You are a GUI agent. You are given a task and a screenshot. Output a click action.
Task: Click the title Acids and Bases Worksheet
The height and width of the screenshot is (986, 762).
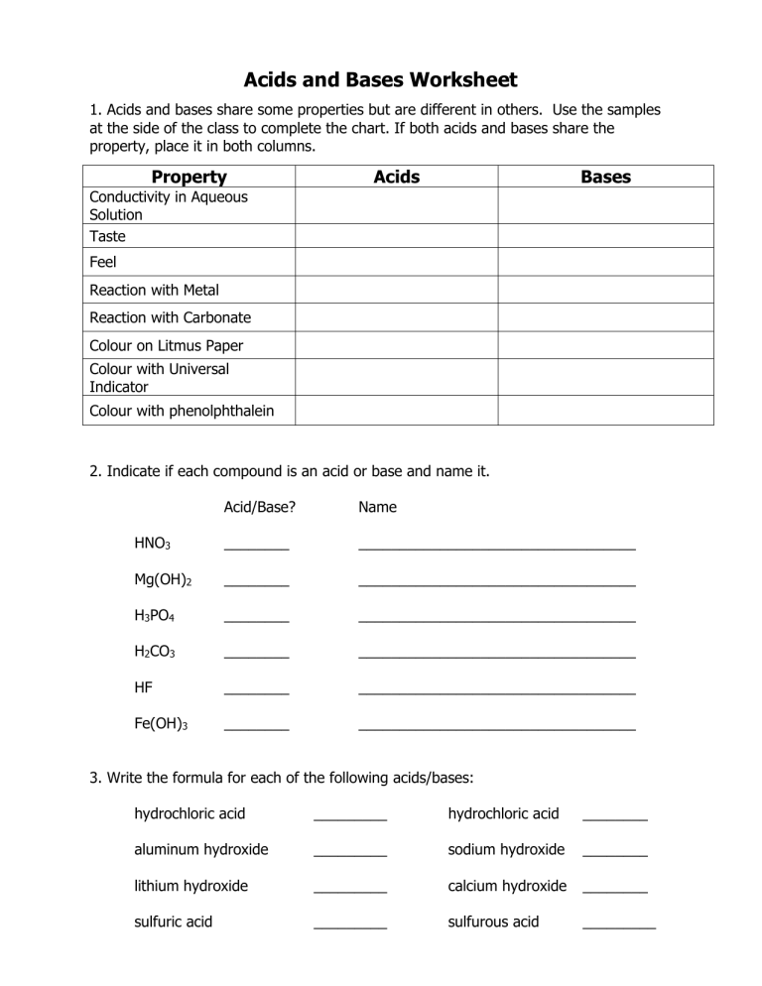pyautogui.click(x=381, y=79)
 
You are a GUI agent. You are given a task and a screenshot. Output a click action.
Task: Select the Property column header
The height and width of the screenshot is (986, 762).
pyautogui.click(x=189, y=177)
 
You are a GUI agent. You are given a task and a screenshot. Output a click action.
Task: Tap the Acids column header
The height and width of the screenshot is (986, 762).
pyautogui.click(x=396, y=177)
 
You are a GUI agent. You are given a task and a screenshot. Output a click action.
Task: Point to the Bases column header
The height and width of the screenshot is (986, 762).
pyautogui.click(x=605, y=177)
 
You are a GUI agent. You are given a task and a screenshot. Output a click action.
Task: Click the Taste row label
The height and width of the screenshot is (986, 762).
pyautogui.click(x=107, y=236)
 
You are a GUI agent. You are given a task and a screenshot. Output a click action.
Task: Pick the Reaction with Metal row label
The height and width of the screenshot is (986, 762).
pyautogui.click(x=154, y=290)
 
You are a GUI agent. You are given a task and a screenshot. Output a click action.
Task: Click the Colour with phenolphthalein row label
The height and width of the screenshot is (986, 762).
pyautogui.click(x=182, y=410)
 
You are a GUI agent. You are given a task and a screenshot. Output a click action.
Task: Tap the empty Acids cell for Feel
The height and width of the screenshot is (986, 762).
pyautogui.click(x=396, y=263)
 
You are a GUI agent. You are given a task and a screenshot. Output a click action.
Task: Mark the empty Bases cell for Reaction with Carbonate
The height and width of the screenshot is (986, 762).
pyautogui.click(x=605, y=317)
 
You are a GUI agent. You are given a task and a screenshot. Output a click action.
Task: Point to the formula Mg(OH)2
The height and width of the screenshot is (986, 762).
pyautogui.click(x=163, y=580)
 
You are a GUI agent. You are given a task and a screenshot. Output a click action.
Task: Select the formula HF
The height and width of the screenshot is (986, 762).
pyautogui.click(x=144, y=687)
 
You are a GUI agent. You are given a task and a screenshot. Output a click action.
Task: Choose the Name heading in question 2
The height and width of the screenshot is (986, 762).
pyautogui.click(x=377, y=507)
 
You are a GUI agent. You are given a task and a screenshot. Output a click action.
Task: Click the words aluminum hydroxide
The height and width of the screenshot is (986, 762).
pyautogui.click(x=200, y=849)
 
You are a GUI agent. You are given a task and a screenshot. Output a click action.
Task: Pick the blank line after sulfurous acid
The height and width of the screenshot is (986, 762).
pyautogui.click(x=619, y=924)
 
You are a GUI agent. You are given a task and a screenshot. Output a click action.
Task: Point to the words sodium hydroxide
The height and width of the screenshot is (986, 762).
pyautogui.click(x=506, y=849)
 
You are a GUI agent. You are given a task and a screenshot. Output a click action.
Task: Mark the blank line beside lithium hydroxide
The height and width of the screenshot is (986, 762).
pyautogui.click(x=349, y=888)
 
